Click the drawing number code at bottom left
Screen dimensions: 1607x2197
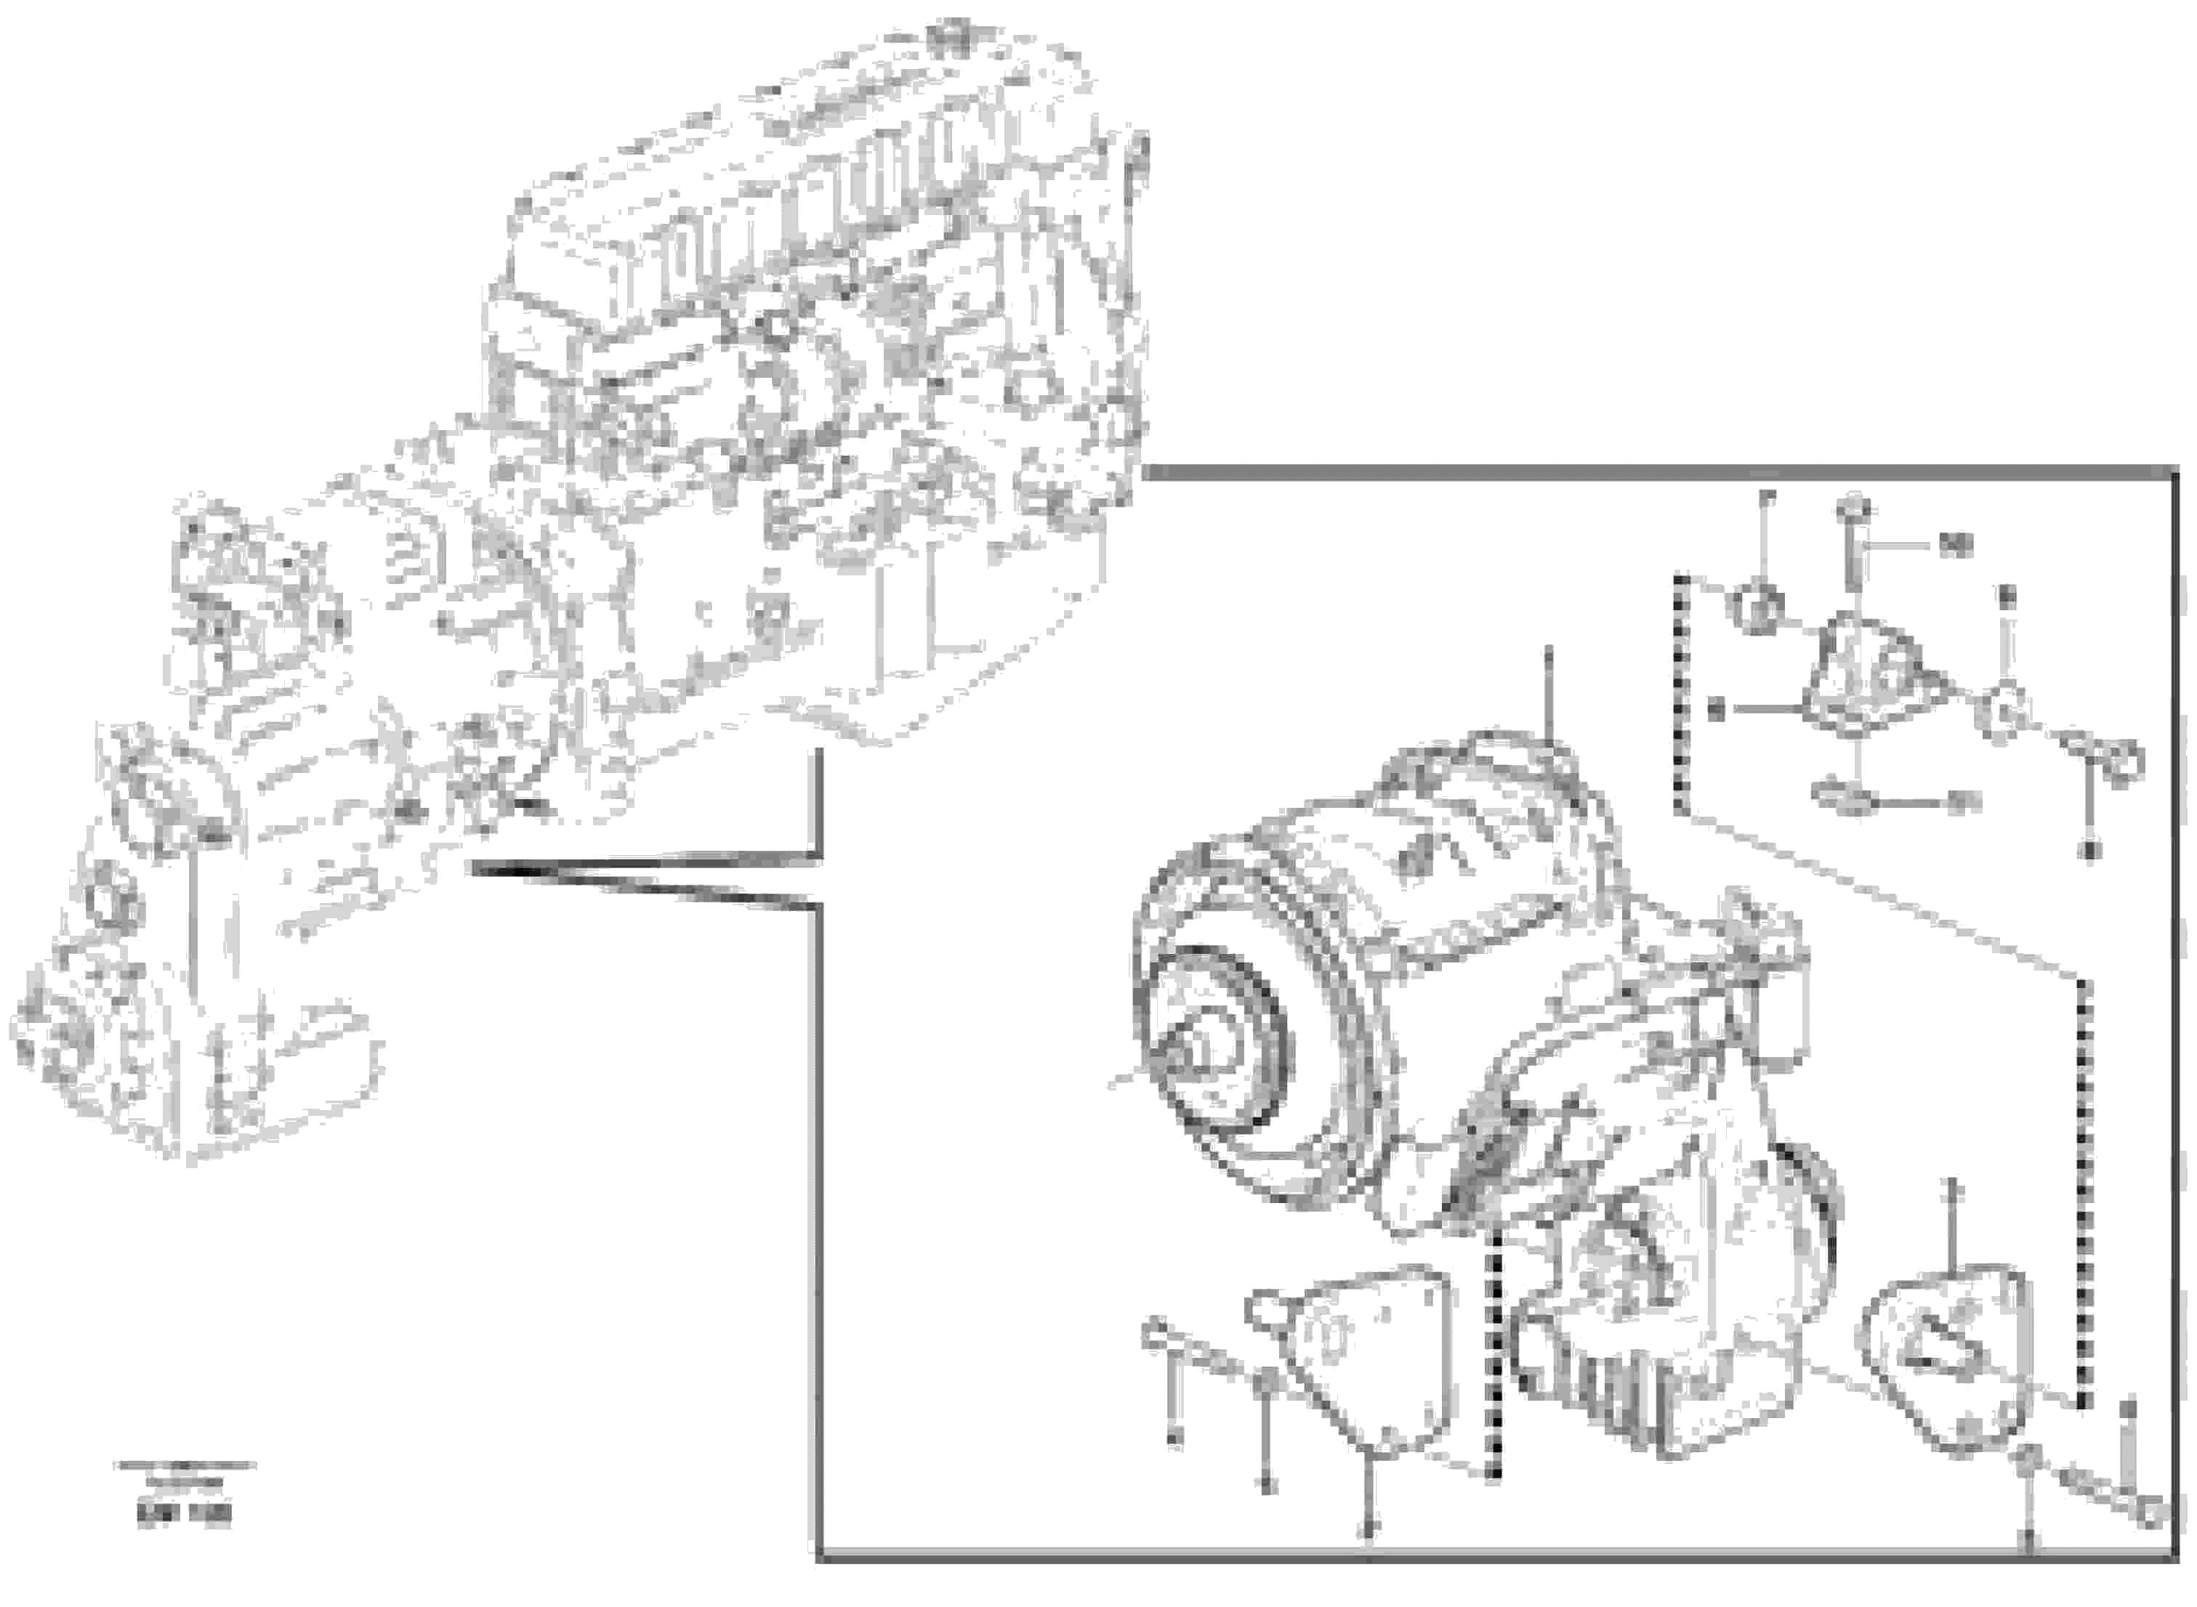185,1515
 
